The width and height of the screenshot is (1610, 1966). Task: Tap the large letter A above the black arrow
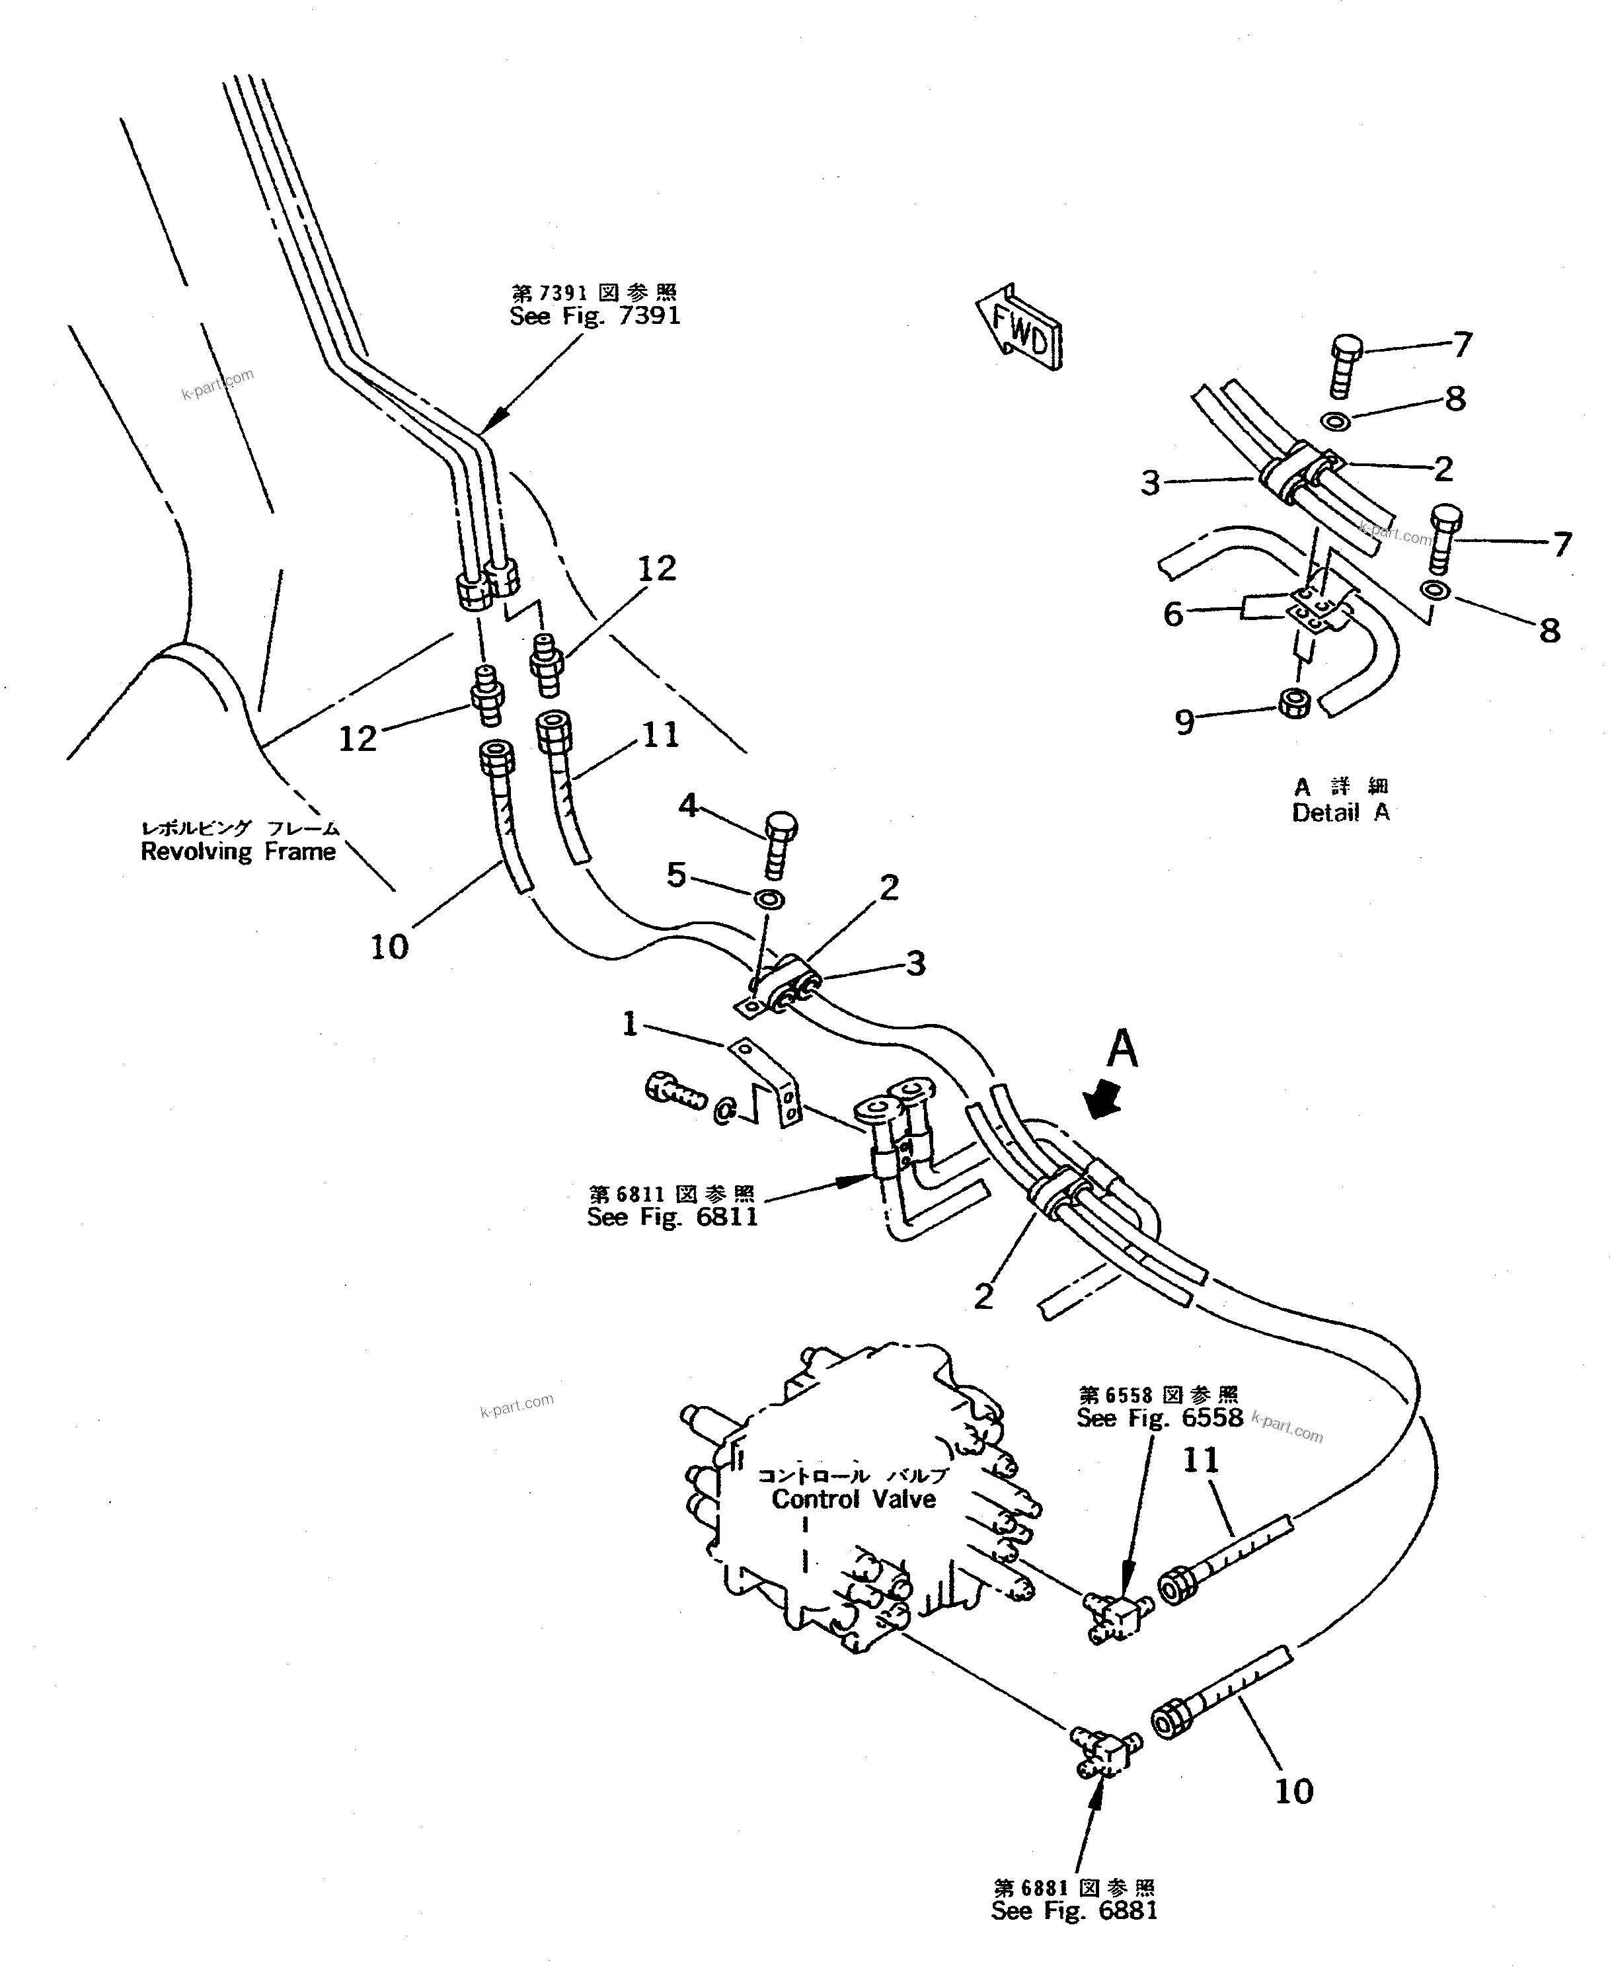click(1123, 1050)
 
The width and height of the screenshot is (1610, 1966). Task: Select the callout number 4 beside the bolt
click(687, 805)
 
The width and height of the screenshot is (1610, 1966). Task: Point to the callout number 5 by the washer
click(676, 873)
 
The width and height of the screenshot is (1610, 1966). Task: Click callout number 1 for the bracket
click(631, 1024)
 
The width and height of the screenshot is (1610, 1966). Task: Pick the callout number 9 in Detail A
click(1184, 723)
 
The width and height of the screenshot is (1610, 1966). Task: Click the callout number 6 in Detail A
click(1174, 614)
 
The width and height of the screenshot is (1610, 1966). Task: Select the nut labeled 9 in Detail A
click(1294, 704)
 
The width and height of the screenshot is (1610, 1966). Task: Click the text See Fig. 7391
click(594, 316)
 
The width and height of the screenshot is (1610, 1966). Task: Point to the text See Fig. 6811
click(672, 1217)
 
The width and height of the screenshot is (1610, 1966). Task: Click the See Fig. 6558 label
click(1159, 1417)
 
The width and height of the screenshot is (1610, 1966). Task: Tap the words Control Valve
click(853, 1499)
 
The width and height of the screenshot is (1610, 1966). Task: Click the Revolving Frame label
click(239, 851)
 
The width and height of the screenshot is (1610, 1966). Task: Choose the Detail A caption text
click(1340, 812)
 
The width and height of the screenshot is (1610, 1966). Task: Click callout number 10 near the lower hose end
click(1294, 1791)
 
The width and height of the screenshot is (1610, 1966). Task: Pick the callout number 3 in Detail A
click(1150, 483)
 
